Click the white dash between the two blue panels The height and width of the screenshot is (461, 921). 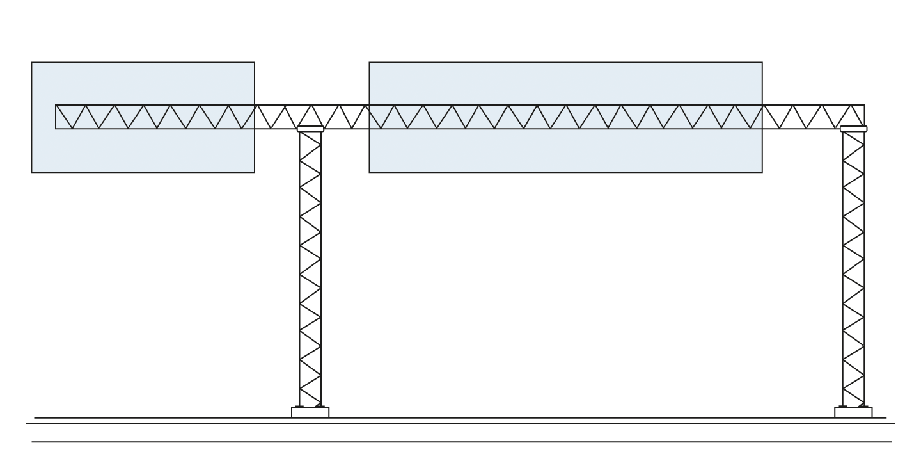(310, 128)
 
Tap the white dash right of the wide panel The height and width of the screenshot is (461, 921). (853, 129)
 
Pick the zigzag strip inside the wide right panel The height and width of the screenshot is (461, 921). (565, 117)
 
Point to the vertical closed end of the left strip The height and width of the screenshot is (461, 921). (56, 117)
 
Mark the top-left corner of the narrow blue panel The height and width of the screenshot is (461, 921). (33, 63)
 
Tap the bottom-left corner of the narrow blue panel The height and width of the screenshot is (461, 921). (33, 170)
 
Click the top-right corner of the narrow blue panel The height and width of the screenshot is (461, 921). (253, 63)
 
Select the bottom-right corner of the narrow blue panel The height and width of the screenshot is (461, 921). (253, 170)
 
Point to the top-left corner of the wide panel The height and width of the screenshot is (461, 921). (371, 63)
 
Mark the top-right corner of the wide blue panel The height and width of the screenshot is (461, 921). (760, 63)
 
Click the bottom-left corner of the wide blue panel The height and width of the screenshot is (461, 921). (371, 170)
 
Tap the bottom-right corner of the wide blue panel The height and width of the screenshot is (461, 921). (760, 170)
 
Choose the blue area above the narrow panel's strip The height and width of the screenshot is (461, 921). (143, 84)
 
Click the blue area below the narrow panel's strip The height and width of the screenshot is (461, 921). (143, 150)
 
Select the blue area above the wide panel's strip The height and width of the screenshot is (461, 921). (565, 84)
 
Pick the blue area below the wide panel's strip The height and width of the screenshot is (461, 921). (565, 150)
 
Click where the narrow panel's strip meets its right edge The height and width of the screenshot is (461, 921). (253, 117)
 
